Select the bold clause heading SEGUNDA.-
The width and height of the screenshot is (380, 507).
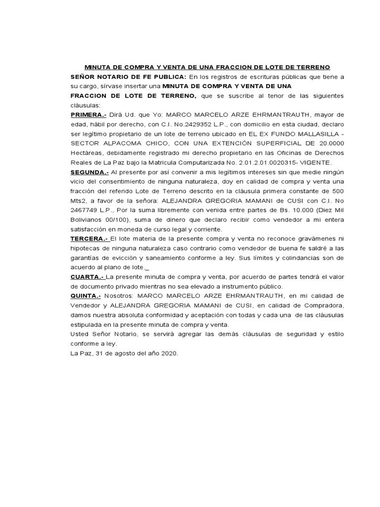click(90, 173)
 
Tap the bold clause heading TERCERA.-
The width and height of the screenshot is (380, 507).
click(88, 240)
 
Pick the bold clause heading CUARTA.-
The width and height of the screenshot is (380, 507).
click(88, 277)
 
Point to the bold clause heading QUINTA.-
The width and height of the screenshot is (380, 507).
click(86, 296)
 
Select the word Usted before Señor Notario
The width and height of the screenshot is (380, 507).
click(80, 334)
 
